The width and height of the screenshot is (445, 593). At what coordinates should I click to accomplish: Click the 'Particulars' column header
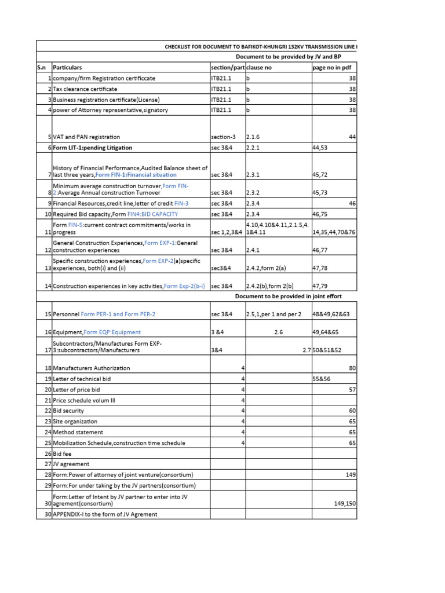tap(67, 68)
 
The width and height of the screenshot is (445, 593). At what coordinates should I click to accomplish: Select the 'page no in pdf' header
tap(331, 68)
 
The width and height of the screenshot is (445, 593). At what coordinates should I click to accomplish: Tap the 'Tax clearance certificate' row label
tap(85, 89)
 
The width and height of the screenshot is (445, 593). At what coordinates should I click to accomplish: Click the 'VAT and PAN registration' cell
tap(86, 137)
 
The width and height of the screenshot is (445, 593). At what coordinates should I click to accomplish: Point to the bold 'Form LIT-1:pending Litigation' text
tap(92, 148)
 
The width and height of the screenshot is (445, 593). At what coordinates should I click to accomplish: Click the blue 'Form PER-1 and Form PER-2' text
tap(118, 314)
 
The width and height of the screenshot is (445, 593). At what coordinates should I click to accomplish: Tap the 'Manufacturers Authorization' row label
tap(91, 368)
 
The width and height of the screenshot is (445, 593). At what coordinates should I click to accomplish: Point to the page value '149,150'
tap(345, 504)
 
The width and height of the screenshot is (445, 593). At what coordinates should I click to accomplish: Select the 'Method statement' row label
tap(78, 432)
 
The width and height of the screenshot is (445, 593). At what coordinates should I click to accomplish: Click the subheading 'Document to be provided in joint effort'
tap(288, 296)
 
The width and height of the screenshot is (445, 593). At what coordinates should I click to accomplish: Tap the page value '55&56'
tap(322, 379)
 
